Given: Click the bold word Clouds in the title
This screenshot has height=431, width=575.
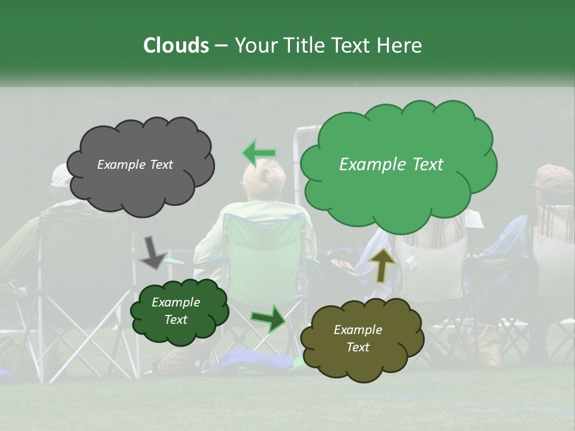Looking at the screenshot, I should (x=175, y=45).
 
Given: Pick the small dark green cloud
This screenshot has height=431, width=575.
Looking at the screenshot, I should (x=179, y=311).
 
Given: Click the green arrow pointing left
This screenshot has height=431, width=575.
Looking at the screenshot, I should (x=259, y=153).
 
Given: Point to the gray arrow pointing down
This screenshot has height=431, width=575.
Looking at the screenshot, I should (x=153, y=251).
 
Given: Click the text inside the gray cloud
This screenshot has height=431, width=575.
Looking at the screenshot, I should (x=135, y=165).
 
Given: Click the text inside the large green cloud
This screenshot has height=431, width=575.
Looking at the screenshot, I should (x=391, y=165).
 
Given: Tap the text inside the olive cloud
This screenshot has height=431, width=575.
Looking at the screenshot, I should (x=358, y=338).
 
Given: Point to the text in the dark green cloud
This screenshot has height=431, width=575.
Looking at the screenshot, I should (x=175, y=311).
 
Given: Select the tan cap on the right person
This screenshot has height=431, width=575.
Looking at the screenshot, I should (x=552, y=177).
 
